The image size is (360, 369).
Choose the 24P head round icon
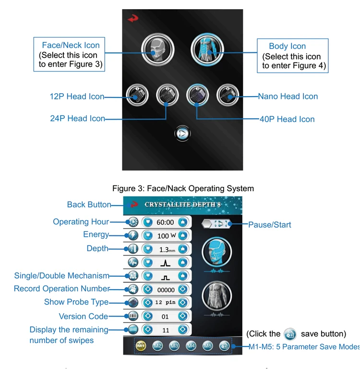tap(167, 96)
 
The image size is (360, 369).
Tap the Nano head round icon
tap(226, 96)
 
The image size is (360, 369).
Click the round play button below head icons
tap(181, 134)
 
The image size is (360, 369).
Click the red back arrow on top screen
tap(132, 18)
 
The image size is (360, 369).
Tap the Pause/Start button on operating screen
tap(216, 223)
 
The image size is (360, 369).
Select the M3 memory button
tap(174, 345)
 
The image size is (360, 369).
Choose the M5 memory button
tap(207, 345)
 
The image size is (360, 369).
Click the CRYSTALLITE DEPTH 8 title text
tap(183, 204)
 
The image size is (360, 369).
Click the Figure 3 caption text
tap(183, 188)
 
